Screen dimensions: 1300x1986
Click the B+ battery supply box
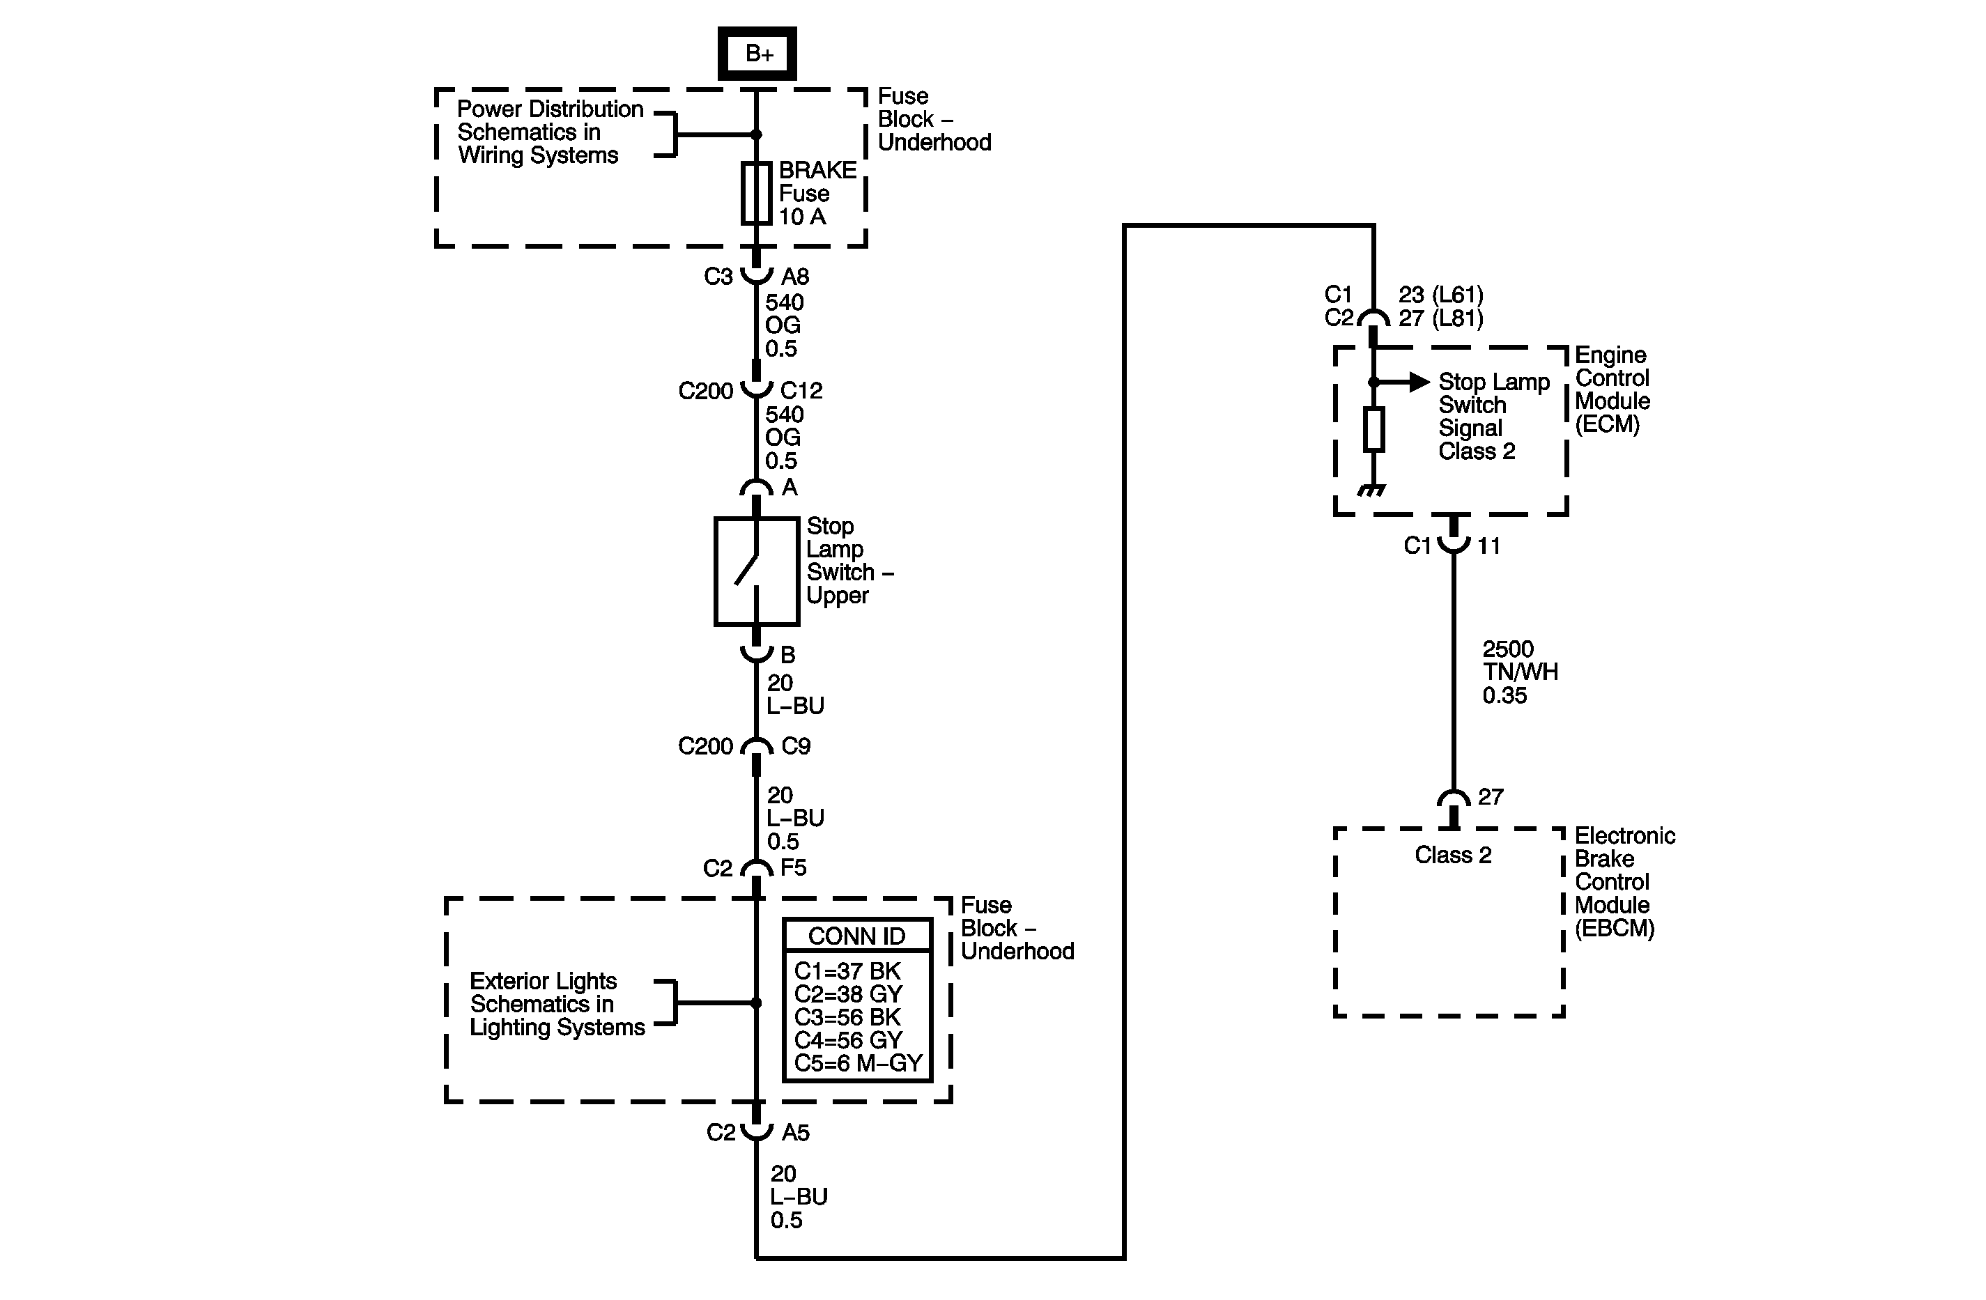click(757, 54)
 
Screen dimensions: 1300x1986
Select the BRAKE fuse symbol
click(756, 193)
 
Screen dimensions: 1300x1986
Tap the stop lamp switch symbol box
click(756, 571)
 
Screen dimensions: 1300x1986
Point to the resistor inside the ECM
click(1373, 429)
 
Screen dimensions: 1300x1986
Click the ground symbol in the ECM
click(1371, 490)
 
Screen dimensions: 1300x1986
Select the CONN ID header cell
click(857, 936)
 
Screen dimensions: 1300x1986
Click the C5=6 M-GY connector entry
click(858, 1063)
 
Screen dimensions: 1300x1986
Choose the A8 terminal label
click(795, 276)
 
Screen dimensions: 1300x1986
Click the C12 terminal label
click(801, 391)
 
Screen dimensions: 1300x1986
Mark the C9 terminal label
click(795, 746)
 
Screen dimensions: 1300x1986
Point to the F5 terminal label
click(794, 868)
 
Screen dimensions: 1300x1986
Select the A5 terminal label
click(795, 1132)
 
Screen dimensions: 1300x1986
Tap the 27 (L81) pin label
click(1441, 318)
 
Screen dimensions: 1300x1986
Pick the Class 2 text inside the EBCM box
click(1453, 856)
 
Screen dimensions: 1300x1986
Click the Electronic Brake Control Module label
click(1624, 882)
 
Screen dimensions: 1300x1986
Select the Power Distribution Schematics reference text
click(550, 132)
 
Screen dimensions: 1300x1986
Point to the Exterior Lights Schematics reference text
click(557, 1004)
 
